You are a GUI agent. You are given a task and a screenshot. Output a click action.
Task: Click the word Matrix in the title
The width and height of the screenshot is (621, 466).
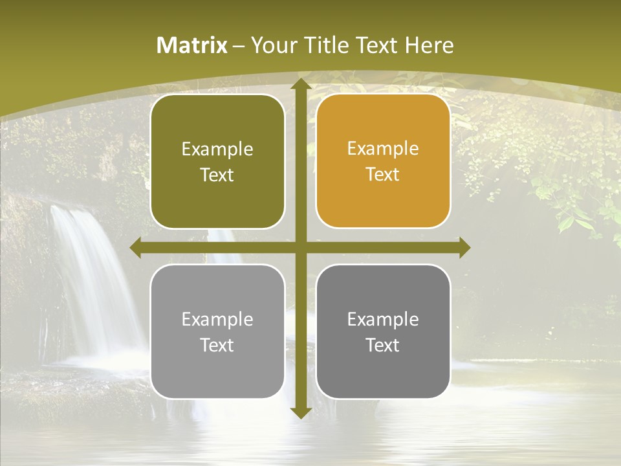(x=192, y=45)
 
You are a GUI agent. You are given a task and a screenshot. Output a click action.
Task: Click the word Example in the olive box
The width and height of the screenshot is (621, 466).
(x=217, y=150)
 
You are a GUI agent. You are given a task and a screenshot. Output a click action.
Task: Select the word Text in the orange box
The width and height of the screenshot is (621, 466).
(x=383, y=175)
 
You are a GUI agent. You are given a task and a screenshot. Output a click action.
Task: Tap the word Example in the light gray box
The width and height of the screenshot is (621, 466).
(x=217, y=320)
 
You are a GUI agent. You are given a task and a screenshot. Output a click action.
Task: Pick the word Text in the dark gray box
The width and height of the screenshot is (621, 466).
(x=383, y=346)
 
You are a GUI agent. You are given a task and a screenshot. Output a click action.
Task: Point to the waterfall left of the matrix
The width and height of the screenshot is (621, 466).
(x=91, y=278)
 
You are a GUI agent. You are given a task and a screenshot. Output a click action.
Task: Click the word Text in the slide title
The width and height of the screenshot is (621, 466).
(x=375, y=45)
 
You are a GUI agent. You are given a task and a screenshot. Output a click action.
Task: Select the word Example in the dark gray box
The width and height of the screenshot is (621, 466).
(x=383, y=320)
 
